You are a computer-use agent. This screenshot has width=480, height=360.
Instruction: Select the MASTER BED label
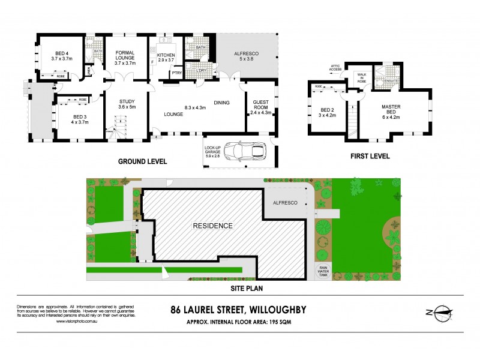(391, 110)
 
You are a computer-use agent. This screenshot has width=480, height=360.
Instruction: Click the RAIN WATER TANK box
(323, 271)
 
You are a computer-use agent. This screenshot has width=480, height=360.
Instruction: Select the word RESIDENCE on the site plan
(212, 226)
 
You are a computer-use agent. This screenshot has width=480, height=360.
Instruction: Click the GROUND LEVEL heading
(142, 162)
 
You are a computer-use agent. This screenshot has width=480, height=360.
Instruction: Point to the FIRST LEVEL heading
(371, 156)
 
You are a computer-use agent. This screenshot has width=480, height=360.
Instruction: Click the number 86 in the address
(177, 310)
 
